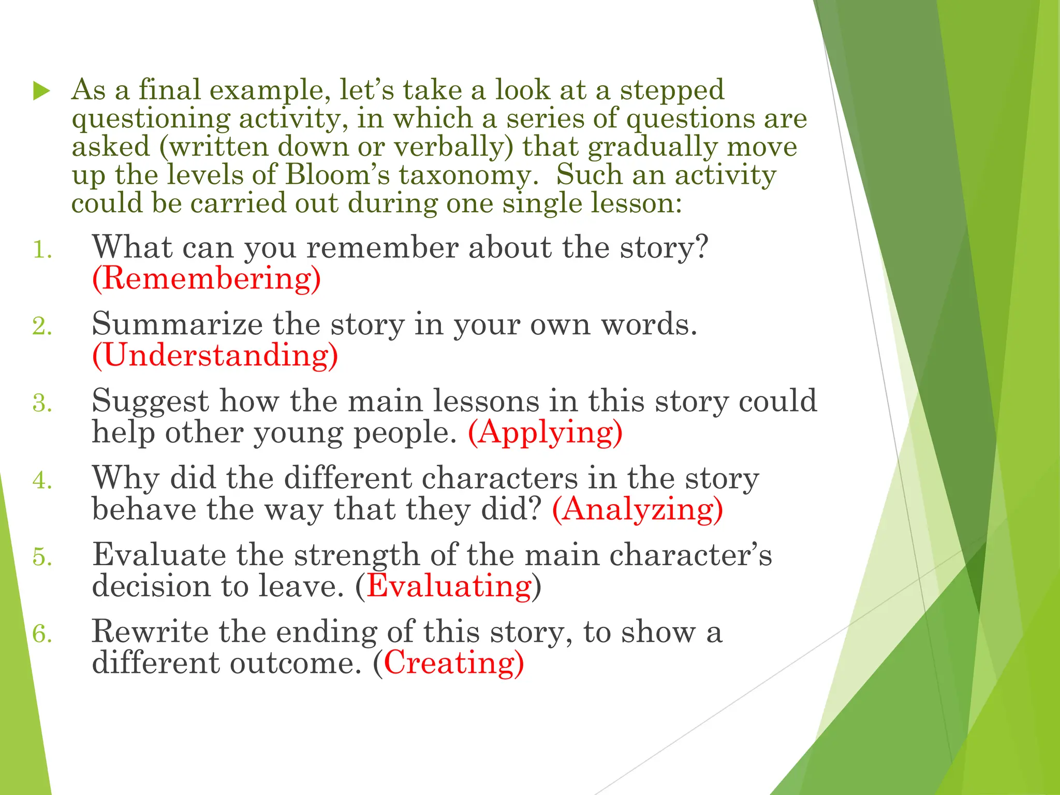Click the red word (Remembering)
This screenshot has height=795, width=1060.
tap(207, 278)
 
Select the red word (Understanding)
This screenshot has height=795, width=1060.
tap(215, 355)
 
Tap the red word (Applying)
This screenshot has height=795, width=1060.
tap(545, 432)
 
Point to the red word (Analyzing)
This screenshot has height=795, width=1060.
tap(637, 509)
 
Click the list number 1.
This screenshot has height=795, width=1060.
tap(42, 250)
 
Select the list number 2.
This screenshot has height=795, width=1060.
tap(42, 327)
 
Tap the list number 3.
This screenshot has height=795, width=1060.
tap(42, 403)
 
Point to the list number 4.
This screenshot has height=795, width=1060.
tap(42, 480)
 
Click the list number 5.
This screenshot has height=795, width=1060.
tap(42, 557)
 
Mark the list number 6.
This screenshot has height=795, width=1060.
tap(42, 634)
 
